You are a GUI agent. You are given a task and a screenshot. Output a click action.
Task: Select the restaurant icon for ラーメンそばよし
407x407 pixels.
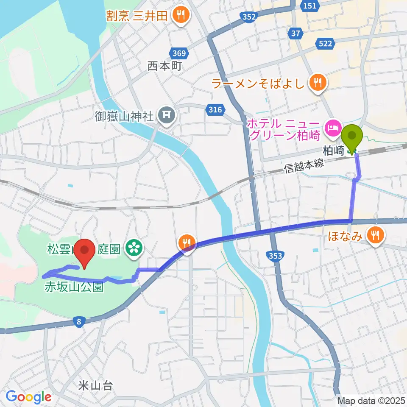[x=317, y=83]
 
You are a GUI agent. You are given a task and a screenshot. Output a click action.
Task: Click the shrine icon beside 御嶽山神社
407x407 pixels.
[x=165, y=115]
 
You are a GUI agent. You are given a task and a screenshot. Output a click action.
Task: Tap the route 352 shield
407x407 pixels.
[x=250, y=17]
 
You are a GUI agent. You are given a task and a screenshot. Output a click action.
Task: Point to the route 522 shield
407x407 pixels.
[x=326, y=43]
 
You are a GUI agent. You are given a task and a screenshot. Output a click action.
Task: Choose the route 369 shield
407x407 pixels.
[x=179, y=53]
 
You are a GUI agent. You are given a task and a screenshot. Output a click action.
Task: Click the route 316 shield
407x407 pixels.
[x=215, y=110]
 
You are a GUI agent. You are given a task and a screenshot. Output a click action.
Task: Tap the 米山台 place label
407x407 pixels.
[x=95, y=386]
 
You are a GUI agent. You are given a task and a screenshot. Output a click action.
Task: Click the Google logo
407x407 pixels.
[x=28, y=397]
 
